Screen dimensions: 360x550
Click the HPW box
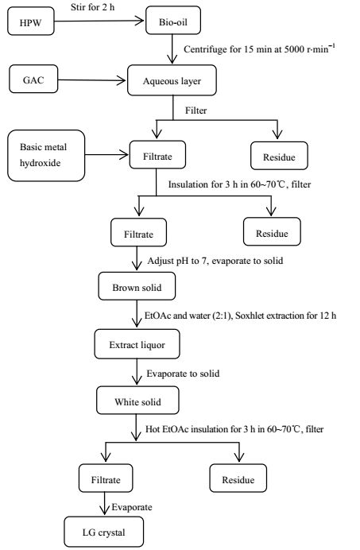click(31, 21)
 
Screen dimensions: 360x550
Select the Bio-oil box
click(173, 21)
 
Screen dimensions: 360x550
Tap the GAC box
click(33, 79)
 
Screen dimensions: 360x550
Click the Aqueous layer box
click(172, 80)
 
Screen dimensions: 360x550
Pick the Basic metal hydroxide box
click(46, 156)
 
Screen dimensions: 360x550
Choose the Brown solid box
click(137, 286)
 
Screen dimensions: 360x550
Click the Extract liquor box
click(137, 343)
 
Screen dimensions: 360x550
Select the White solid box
click(137, 401)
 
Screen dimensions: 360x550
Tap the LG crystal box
click(104, 532)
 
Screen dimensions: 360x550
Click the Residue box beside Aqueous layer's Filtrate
click(279, 156)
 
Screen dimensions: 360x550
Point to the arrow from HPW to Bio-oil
click(99, 21)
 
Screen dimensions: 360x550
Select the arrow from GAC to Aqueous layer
click(92, 80)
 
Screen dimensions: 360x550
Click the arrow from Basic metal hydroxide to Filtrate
click(107, 154)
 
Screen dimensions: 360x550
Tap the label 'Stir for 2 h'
click(92, 7)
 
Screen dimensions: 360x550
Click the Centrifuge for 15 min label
click(259, 48)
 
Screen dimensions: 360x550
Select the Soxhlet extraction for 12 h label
click(285, 316)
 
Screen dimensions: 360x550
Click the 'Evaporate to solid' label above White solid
click(183, 374)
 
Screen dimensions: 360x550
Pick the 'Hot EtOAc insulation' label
click(188, 429)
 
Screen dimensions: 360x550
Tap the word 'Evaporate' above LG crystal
click(132, 507)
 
